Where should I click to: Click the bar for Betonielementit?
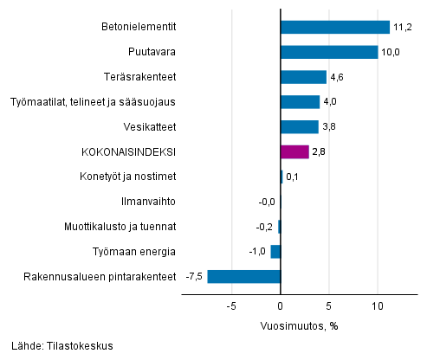(335, 27)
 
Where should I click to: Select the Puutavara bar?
(329, 52)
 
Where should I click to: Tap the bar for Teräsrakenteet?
(303, 77)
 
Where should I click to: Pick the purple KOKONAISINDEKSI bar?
(294, 151)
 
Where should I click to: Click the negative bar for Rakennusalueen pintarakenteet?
(244, 277)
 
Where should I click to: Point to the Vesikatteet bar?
(300, 126)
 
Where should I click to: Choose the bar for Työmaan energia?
(275, 252)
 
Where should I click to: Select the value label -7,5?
(195, 277)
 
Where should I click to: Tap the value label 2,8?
(319, 152)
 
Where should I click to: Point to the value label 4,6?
(336, 77)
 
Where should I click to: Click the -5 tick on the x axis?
(231, 306)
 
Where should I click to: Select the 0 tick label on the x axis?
(281, 306)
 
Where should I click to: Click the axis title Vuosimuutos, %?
(299, 325)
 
